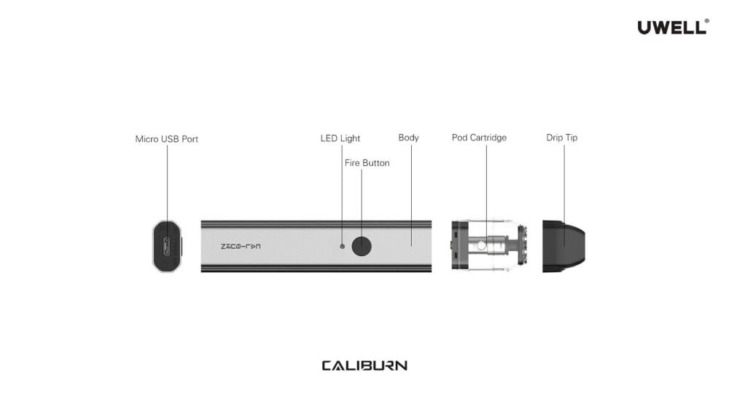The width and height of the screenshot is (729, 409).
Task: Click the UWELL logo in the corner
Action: click(671, 28)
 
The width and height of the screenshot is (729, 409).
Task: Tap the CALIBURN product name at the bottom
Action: click(364, 365)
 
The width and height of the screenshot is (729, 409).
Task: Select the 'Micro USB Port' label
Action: click(167, 139)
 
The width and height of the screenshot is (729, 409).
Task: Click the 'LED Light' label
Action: click(340, 138)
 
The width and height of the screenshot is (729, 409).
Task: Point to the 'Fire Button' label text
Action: click(367, 163)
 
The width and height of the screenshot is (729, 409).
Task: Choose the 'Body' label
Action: click(408, 138)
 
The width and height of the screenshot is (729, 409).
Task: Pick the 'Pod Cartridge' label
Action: click(479, 138)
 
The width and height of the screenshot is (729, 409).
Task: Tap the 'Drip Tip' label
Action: click(562, 138)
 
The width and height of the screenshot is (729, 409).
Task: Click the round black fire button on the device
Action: click(362, 246)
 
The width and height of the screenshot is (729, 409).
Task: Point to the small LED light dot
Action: click(343, 246)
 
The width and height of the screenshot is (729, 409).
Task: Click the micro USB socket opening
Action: click(166, 246)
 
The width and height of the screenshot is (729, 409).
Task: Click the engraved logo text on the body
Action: click(241, 247)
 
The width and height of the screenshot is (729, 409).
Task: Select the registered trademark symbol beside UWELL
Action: click(706, 21)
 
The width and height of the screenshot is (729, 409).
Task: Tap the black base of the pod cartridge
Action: click(457, 246)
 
